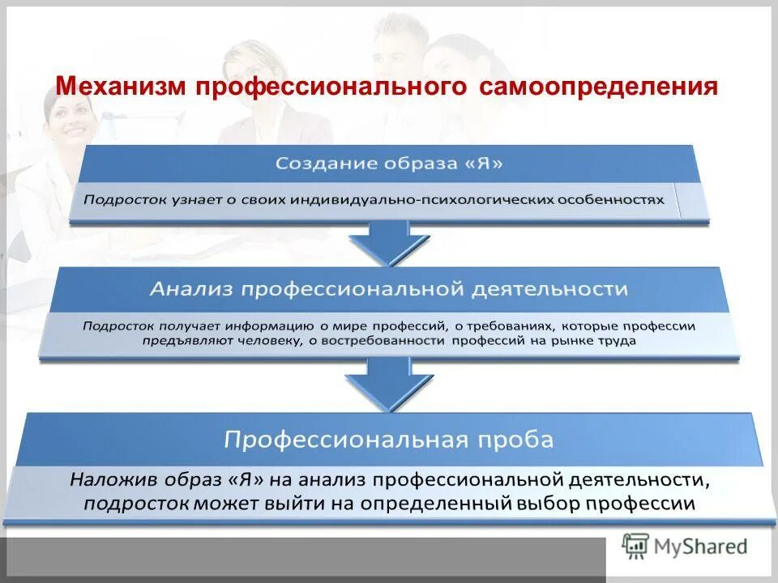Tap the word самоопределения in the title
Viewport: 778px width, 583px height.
599,86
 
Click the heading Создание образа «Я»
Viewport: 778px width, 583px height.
389,163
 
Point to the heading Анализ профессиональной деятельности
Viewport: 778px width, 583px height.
390,288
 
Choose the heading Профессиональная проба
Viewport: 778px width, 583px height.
389,440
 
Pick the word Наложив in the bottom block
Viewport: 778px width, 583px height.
101,480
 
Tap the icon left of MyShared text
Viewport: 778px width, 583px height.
636,546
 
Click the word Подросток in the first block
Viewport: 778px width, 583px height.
119,198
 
